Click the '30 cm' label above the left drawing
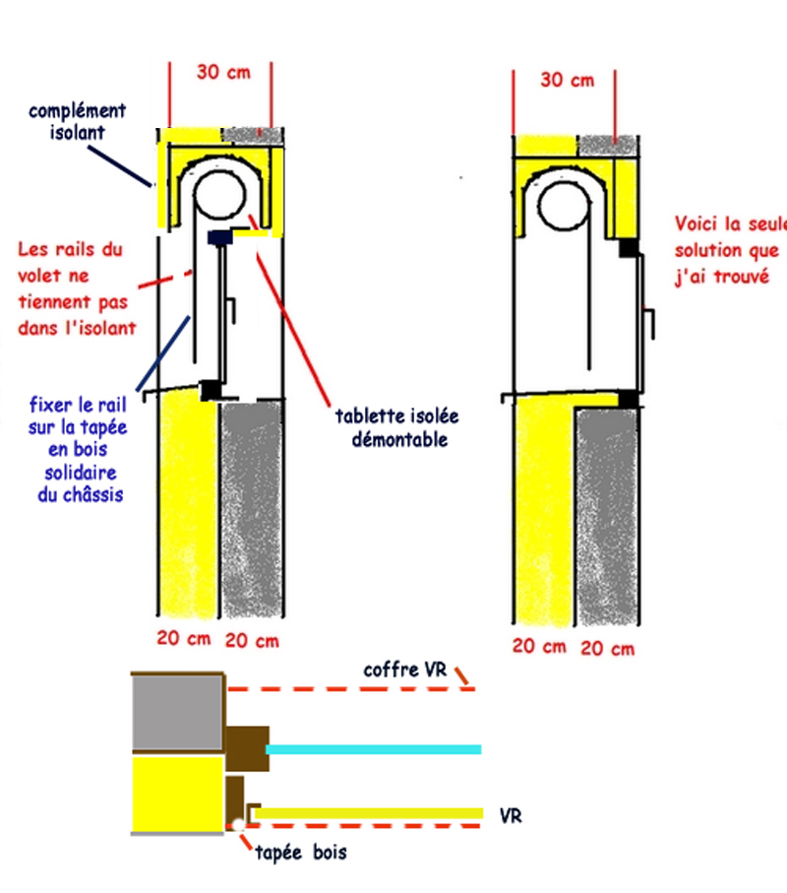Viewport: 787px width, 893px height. pyautogui.click(x=221, y=72)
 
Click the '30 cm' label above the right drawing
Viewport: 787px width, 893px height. pyautogui.click(x=567, y=79)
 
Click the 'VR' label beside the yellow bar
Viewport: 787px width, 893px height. pyautogui.click(x=511, y=816)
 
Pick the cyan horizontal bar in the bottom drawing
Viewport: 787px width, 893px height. pyautogui.click(x=374, y=749)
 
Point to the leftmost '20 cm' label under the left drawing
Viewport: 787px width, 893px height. pyautogui.click(x=185, y=638)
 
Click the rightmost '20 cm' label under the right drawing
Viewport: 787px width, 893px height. pyautogui.click(x=607, y=648)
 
